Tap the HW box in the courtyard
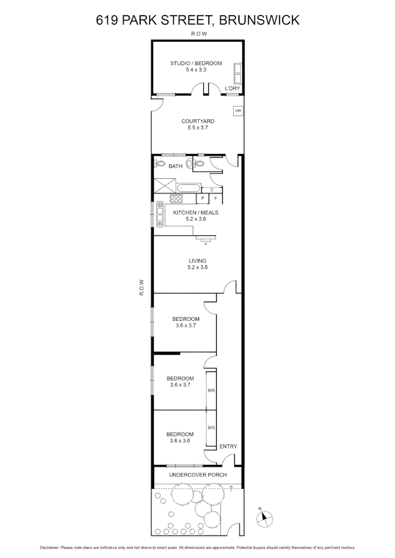tap(238, 111)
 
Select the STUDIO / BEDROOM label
tap(196, 64)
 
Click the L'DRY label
tap(232, 89)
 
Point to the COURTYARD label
tap(197, 121)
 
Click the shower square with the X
tap(164, 185)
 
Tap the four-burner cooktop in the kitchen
tap(176, 198)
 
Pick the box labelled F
tap(216, 198)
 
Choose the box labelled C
tap(212, 190)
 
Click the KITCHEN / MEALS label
tap(195, 212)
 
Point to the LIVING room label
tap(197, 260)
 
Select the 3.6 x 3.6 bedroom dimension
tap(180, 441)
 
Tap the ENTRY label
tap(228, 446)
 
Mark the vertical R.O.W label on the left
tap(141, 288)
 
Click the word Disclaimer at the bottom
tap(49, 547)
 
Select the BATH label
tap(175, 166)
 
